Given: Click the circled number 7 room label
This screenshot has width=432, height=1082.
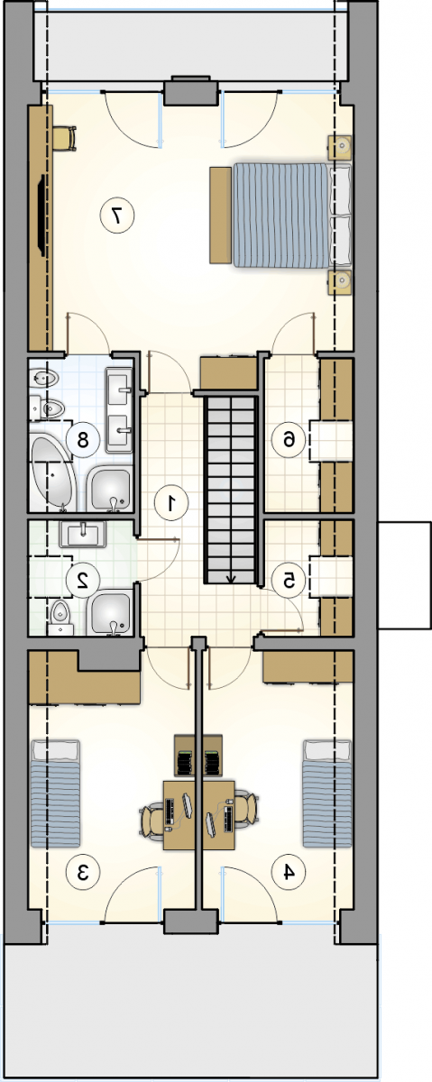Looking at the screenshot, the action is coord(117,215).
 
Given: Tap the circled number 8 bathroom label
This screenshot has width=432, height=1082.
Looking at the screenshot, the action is coord(83,440).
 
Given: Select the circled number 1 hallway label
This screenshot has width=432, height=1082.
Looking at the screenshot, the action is coord(170,503).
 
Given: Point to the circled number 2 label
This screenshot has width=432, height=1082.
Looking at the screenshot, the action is coord(83,580).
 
